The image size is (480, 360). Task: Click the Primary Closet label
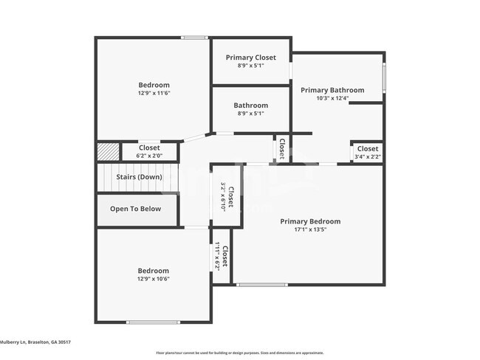pyautogui.click(x=250, y=58)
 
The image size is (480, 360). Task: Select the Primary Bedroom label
pyautogui.click(x=310, y=221)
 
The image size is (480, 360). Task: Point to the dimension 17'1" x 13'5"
pyautogui.click(x=310, y=229)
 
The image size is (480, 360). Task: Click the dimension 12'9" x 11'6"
pyautogui.click(x=154, y=93)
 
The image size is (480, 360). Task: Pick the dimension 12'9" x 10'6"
pyautogui.click(x=154, y=279)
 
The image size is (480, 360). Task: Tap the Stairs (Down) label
pyautogui.click(x=139, y=177)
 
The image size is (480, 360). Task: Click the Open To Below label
pyautogui.click(x=135, y=209)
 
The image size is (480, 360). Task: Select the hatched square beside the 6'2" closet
pyautogui.click(x=107, y=152)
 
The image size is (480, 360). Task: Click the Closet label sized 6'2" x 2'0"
pyautogui.click(x=149, y=148)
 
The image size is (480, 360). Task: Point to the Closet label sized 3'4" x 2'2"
pyautogui.click(x=368, y=149)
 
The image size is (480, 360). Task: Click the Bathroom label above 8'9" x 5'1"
pyautogui.click(x=250, y=105)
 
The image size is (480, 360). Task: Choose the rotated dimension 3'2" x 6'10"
pyautogui.click(x=223, y=198)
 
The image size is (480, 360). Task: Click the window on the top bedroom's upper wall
pyautogui.click(x=194, y=37)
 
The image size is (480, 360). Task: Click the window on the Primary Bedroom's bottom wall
pyautogui.click(x=262, y=285)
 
